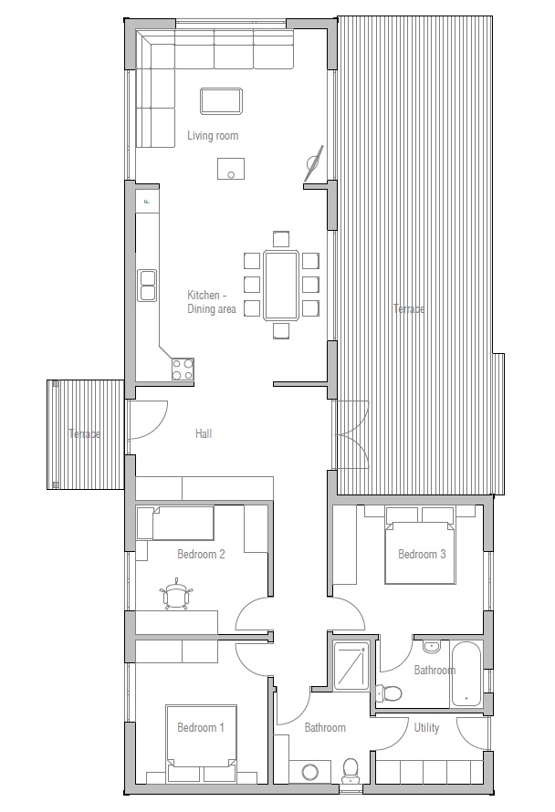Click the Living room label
(x=213, y=136)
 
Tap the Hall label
(x=204, y=434)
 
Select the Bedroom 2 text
(x=201, y=554)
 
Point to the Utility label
(x=426, y=728)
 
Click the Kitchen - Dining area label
(x=212, y=302)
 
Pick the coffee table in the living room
(x=221, y=99)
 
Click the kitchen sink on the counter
(x=147, y=285)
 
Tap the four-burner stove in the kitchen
(x=183, y=369)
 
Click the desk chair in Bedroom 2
(x=177, y=595)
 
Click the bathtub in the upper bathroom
(x=466, y=675)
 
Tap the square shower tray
(x=351, y=669)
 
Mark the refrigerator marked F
(x=147, y=201)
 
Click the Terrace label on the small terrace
(x=84, y=434)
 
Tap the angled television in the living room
(x=314, y=162)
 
